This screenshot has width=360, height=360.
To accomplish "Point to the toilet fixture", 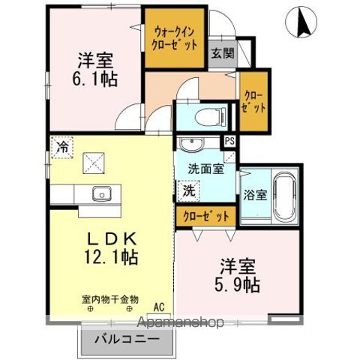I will pos(200,116).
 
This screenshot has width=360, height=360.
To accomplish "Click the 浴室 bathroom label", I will pos(253,195).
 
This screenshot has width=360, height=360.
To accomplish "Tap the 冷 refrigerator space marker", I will pos(62,147).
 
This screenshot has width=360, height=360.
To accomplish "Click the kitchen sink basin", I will pos(102,194).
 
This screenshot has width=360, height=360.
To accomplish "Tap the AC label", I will pos(158,307).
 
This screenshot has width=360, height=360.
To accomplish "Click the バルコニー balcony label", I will pos(125,338).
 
